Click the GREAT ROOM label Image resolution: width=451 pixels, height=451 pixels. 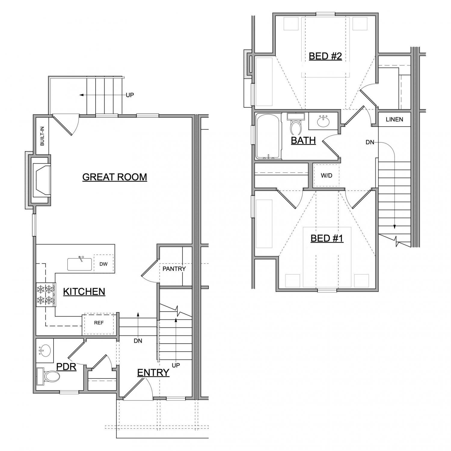[115, 177]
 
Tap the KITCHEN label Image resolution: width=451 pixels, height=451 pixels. [84, 291]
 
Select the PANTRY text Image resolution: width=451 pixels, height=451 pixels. [174, 268]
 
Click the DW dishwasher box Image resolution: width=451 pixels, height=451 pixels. [104, 264]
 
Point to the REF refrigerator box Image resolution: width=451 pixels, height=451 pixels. [99, 323]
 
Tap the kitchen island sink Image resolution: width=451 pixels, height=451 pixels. [80, 264]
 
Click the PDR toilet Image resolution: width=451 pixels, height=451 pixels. [48, 376]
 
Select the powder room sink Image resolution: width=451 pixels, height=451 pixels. [45, 351]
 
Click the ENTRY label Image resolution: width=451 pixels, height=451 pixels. [153, 373]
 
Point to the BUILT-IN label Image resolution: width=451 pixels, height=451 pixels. [42, 136]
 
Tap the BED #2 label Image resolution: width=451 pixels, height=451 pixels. [325, 56]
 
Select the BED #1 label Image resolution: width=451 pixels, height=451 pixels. [327, 238]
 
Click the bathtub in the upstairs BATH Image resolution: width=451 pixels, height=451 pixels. [268, 136]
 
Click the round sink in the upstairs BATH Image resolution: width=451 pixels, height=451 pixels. [324, 121]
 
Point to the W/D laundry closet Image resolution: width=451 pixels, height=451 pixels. [327, 175]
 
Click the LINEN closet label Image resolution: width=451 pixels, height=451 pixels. [394, 119]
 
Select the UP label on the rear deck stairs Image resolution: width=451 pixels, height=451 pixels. [130, 95]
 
